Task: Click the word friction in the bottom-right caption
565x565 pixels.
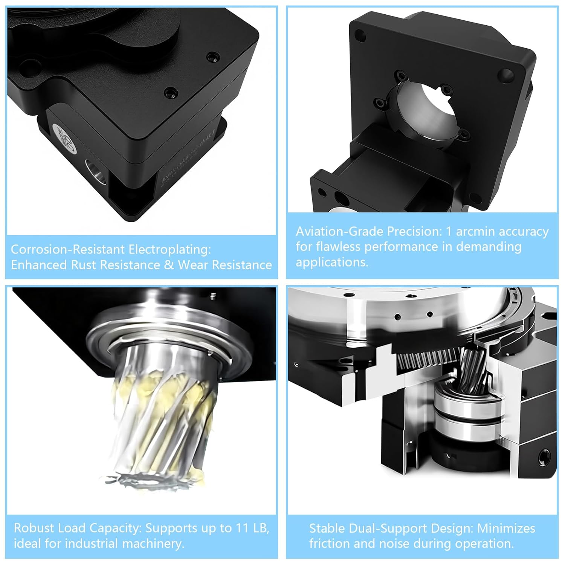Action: coord(330,544)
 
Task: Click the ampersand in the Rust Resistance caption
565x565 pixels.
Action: coord(169,265)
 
